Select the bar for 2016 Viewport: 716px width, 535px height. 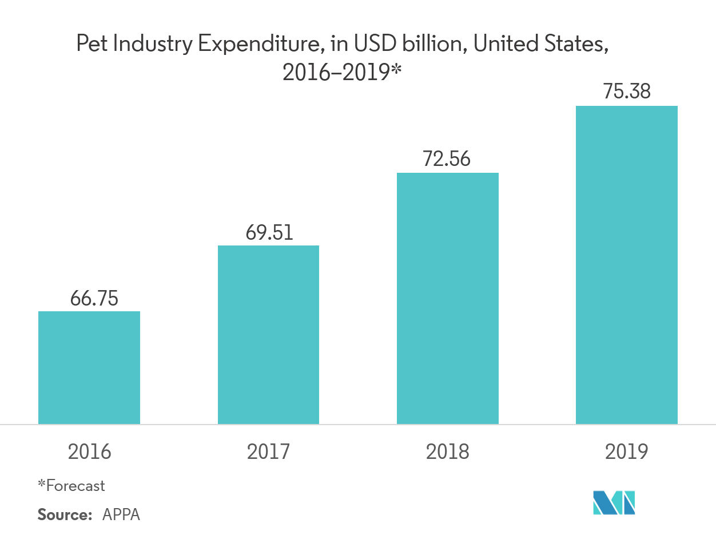click(x=89, y=367)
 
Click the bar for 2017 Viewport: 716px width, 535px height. click(x=268, y=335)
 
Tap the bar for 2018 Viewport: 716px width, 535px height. click(x=448, y=298)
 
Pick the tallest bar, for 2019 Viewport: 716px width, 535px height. click(x=627, y=265)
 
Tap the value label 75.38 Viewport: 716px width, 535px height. click(x=627, y=92)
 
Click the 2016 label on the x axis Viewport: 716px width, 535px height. click(x=89, y=452)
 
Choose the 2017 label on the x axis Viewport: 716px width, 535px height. click(x=268, y=452)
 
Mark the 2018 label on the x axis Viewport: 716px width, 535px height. click(x=447, y=452)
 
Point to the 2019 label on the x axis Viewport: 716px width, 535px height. click(x=627, y=452)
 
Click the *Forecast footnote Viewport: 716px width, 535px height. click(x=71, y=486)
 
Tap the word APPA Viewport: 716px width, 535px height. click(x=121, y=514)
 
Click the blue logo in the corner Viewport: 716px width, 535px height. click(x=614, y=502)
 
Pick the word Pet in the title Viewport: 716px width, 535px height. click(x=92, y=45)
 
